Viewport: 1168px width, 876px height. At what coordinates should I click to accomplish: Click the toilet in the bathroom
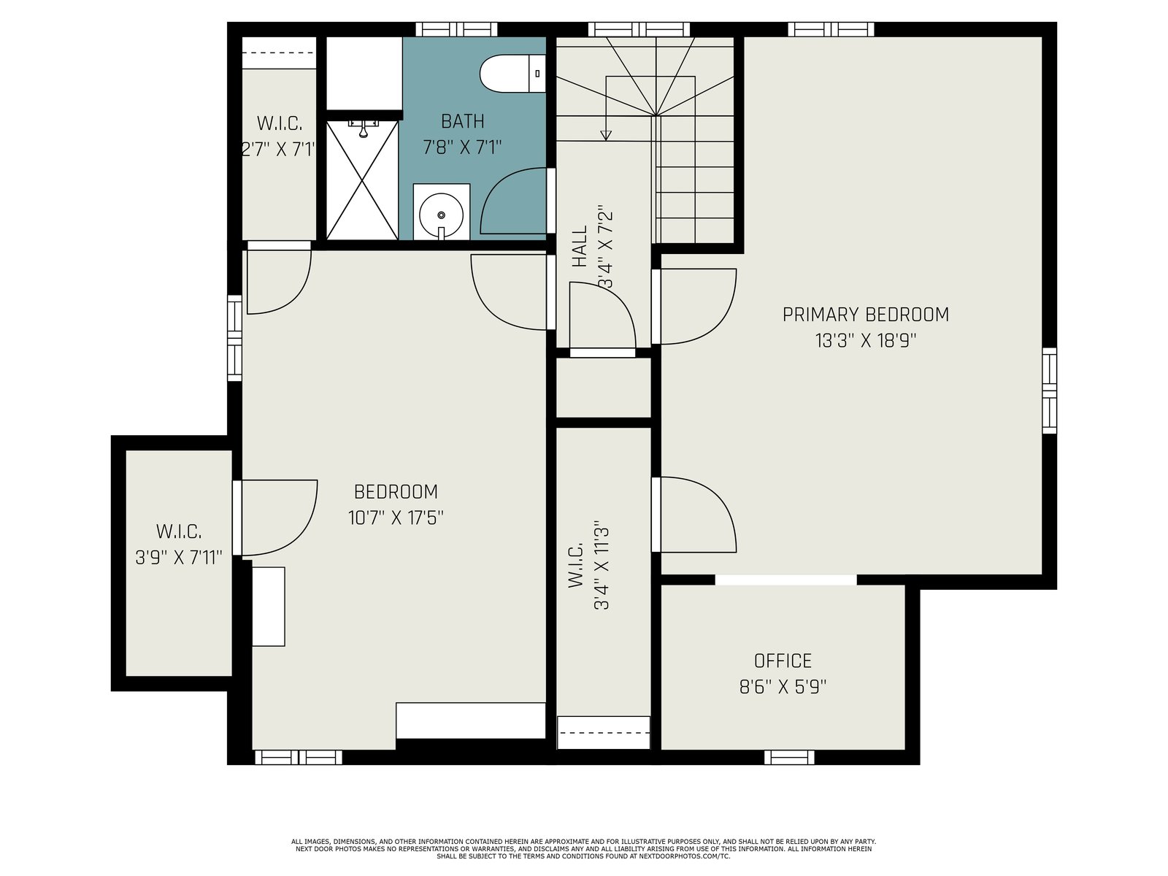(x=512, y=74)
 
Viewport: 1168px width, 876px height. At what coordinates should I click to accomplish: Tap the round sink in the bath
(x=441, y=215)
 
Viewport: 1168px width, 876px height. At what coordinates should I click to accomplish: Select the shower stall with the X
(x=362, y=180)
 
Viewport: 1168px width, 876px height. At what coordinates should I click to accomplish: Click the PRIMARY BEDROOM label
(x=865, y=315)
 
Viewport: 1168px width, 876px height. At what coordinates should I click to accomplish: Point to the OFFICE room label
(x=783, y=661)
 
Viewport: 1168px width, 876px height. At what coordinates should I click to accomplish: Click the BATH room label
(x=462, y=121)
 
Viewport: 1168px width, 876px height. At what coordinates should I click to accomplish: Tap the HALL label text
(x=580, y=246)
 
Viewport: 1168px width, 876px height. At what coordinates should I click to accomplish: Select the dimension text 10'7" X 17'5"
(x=396, y=518)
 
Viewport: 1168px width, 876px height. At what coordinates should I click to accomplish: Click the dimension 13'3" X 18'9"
(x=866, y=340)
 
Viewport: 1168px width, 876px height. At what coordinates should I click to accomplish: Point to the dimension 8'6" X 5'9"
(x=783, y=687)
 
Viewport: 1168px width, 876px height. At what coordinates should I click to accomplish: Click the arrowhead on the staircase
(x=606, y=136)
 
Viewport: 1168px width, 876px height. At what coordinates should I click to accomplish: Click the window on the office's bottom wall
(x=789, y=757)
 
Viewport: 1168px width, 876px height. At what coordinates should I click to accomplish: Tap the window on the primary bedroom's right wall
(x=1049, y=391)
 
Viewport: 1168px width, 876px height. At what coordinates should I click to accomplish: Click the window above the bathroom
(x=456, y=29)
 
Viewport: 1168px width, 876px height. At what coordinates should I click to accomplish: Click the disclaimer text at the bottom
(x=584, y=849)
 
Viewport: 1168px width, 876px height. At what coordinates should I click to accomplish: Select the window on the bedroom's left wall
(x=234, y=338)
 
